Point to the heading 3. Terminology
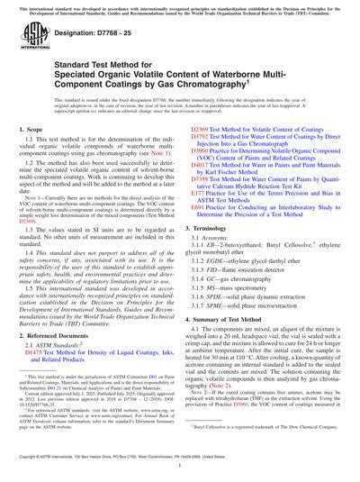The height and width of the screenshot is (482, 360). point(218,231)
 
